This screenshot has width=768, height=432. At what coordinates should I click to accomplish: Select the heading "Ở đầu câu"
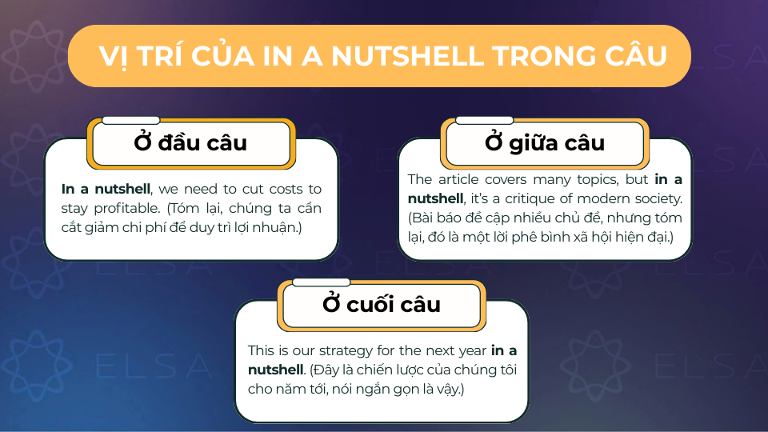pyautogui.click(x=190, y=143)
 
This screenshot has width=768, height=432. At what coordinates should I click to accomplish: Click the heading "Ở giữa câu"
pyautogui.click(x=545, y=143)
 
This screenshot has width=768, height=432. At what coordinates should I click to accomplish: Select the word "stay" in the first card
pyautogui.click(x=75, y=209)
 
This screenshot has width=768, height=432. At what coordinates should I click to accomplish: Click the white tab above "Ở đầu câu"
pyautogui.click(x=130, y=120)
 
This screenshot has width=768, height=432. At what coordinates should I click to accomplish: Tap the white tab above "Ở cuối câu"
pyautogui.click(x=321, y=282)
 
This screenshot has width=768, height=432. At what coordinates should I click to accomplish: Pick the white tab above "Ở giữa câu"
pyautogui.click(x=484, y=120)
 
